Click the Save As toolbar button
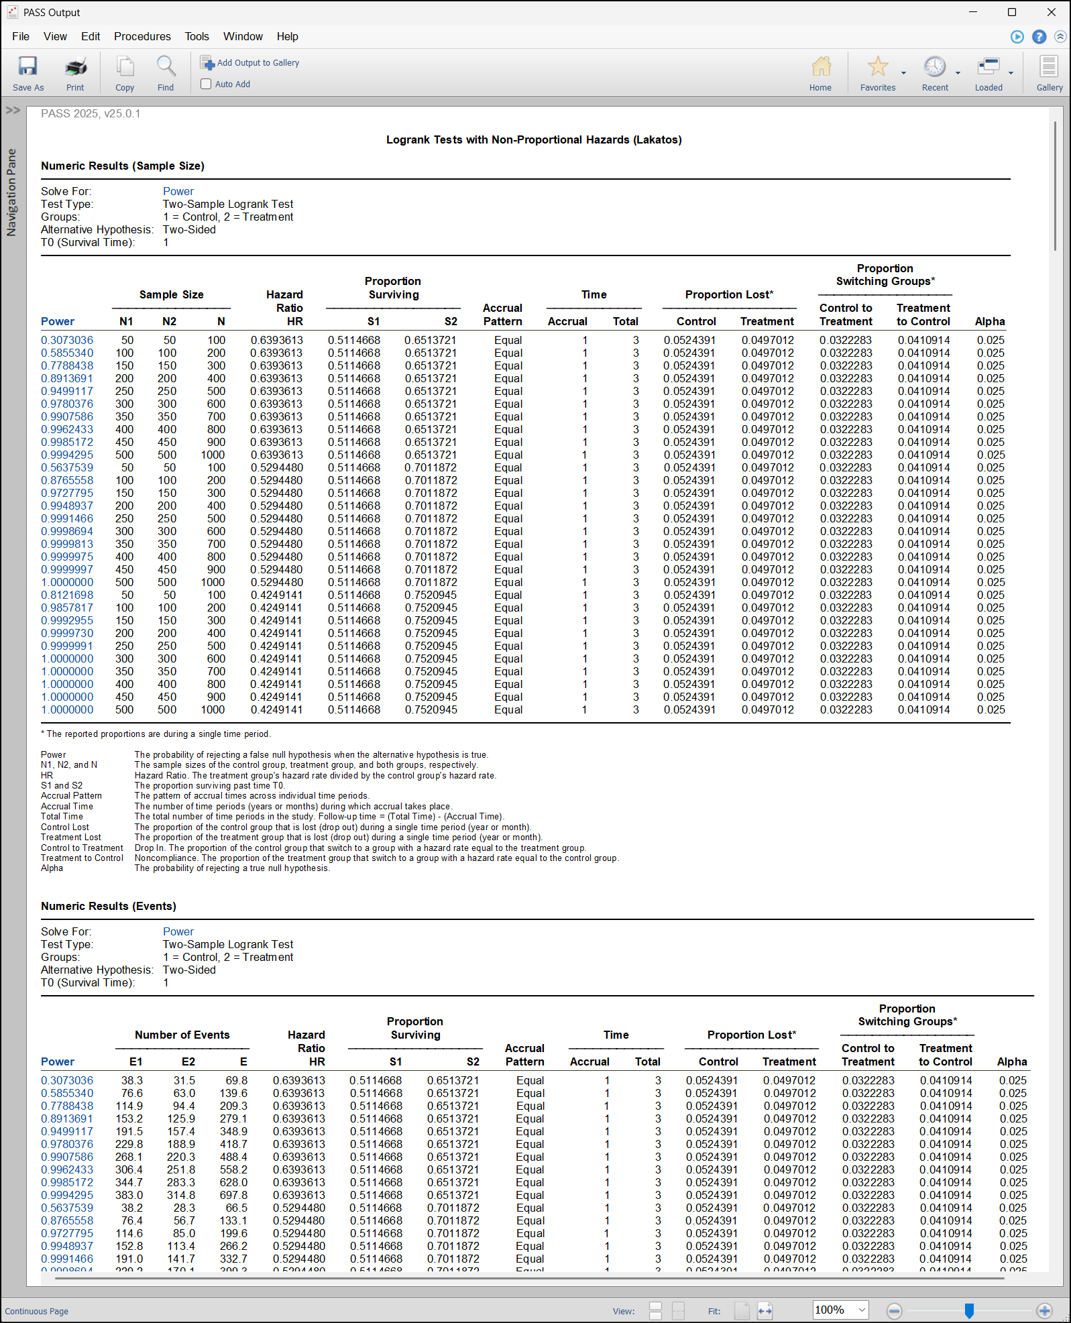pyautogui.click(x=27, y=72)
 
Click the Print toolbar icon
pyautogui.click(x=75, y=72)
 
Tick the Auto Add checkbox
pyautogui.click(x=207, y=84)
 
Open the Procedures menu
pyautogui.click(x=142, y=36)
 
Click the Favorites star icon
pyautogui.click(x=877, y=67)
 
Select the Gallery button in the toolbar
pyautogui.click(x=1049, y=72)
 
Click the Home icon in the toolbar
pyautogui.click(x=820, y=72)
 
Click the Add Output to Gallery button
pyautogui.click(x=250, y=62)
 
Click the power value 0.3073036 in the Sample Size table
pyautogui.click(x=67, y=340)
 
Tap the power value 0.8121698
pyautogui.click(x=67, y=595)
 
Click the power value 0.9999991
pyautogui.click(x=67, y=646)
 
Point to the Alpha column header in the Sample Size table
pyautogui.click(x=990, y=321)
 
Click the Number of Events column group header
pyautogui.click(x=182, y=1035)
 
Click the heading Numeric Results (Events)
pyautogui.click(x=109, y=906)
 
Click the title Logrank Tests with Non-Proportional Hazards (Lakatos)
pyautogui.click(x=534, y=139)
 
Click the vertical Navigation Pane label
pyautogui.click(x=11, y=192)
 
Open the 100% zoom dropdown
pyautogui.click(x=862, y=1310)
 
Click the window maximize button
pyautogui.click(x=1012, y=12)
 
